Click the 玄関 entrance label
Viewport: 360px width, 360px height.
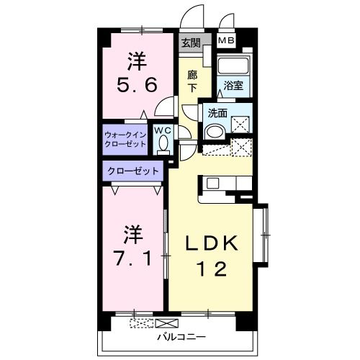[191, 42]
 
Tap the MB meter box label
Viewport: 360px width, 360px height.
[226, 42]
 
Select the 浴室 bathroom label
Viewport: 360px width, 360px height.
[232, 86]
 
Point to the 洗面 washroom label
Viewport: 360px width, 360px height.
[217, 113]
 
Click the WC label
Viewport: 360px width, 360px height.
[163, 130]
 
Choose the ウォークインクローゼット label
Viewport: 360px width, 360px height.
[125, 139]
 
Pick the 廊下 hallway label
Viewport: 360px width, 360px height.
[192, 81]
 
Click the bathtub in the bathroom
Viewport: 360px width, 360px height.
[232, 67]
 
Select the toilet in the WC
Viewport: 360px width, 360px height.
[163, 143]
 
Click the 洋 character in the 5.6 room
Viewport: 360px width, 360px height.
[138, 58]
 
